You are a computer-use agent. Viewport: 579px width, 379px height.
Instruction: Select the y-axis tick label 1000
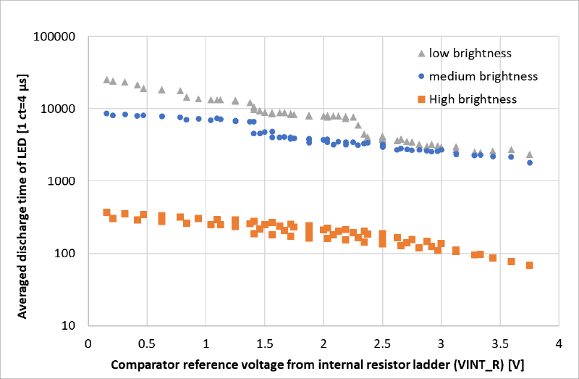(69, 181)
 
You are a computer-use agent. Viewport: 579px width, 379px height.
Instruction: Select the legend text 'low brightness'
(470, 53)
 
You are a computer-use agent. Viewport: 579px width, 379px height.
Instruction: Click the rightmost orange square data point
(529, 265)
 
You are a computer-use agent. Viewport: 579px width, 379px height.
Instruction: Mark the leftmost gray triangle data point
(106, 80)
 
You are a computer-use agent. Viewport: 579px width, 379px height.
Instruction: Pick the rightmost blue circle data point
(529, 162)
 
